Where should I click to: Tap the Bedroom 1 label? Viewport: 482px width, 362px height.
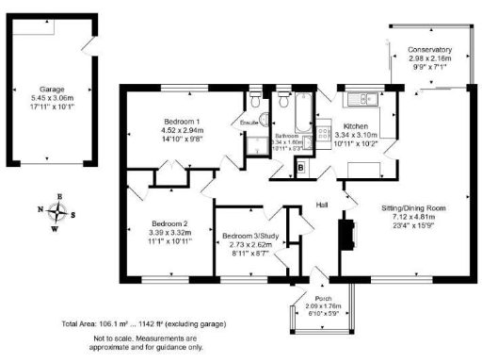163,123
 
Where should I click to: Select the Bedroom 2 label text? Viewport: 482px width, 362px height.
169,223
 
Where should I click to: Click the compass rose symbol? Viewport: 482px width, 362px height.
59,211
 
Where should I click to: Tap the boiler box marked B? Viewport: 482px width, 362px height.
300,168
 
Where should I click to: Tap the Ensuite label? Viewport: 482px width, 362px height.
250,123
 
